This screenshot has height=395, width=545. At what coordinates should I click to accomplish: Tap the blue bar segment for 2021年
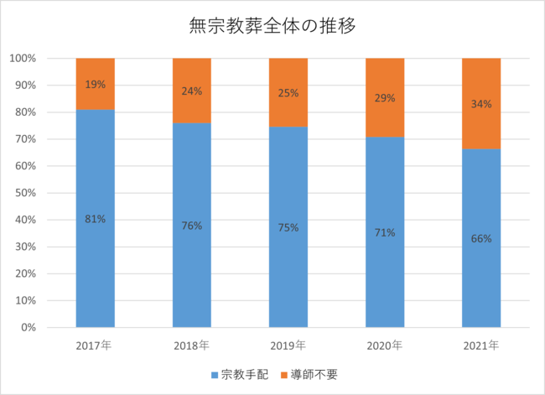[481, 277]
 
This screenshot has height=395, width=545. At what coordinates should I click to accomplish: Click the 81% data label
[95, 220]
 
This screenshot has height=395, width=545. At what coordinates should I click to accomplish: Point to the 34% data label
[481, 104]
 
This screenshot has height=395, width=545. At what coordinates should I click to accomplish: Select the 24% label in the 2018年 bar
[192, 91]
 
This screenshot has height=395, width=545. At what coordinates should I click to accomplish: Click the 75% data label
[288, 226]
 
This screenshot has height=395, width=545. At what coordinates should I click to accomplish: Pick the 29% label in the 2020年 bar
[385, 98]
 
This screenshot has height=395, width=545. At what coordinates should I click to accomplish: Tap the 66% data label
[481, 238]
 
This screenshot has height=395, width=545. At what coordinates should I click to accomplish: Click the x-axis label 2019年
[288, 345]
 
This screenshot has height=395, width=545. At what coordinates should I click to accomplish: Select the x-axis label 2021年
[481, 345]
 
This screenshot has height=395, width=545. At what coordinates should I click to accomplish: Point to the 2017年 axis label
[95, 345]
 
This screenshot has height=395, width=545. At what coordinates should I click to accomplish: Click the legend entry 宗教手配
[240, 374]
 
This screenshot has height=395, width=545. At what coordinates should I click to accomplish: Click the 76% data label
[192, 225]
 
